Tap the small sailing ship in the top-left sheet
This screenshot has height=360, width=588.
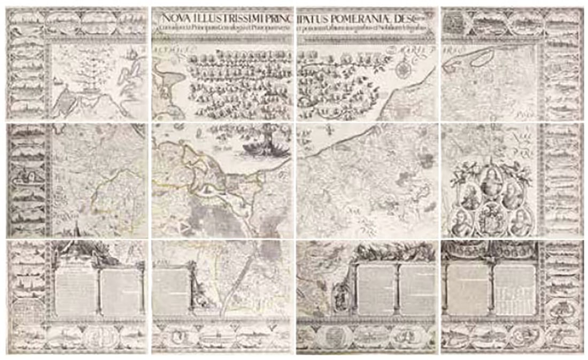pyautogui.click(x=130, y=53)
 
